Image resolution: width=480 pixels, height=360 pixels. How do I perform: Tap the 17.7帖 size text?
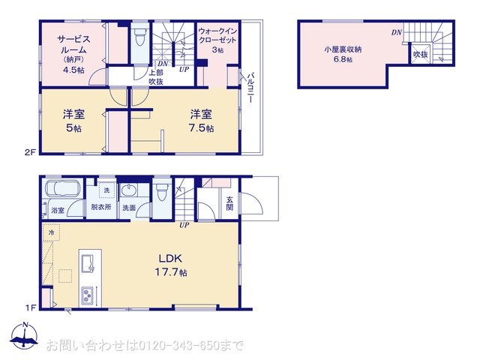click(172, 271)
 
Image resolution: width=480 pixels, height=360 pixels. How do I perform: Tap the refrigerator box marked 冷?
click(52, 233)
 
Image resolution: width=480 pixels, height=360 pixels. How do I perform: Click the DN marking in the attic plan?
click(395, 32)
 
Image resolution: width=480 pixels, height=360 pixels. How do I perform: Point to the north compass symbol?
click(25, 339)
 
